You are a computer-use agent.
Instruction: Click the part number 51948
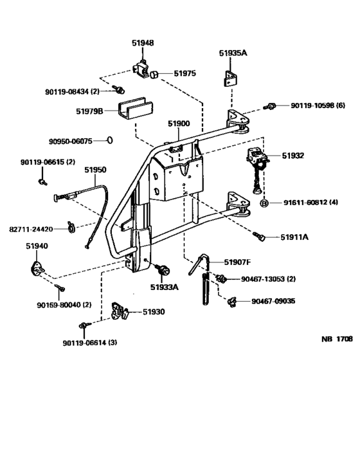click(x=143, y=44)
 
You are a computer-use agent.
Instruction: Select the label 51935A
click(x=232, y=54)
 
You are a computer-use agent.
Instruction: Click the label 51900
click(x=179, y=123)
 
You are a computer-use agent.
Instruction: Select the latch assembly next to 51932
click(x=256, y=161)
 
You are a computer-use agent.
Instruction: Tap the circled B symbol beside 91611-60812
click(x=264, y=203)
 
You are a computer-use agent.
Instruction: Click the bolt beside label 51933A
click(x=161, y=269)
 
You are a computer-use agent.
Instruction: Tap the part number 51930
click(x=154, y=311)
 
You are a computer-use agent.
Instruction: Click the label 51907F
click(x=237, y=262)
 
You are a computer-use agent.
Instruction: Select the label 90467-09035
click(x=274, y=300)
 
